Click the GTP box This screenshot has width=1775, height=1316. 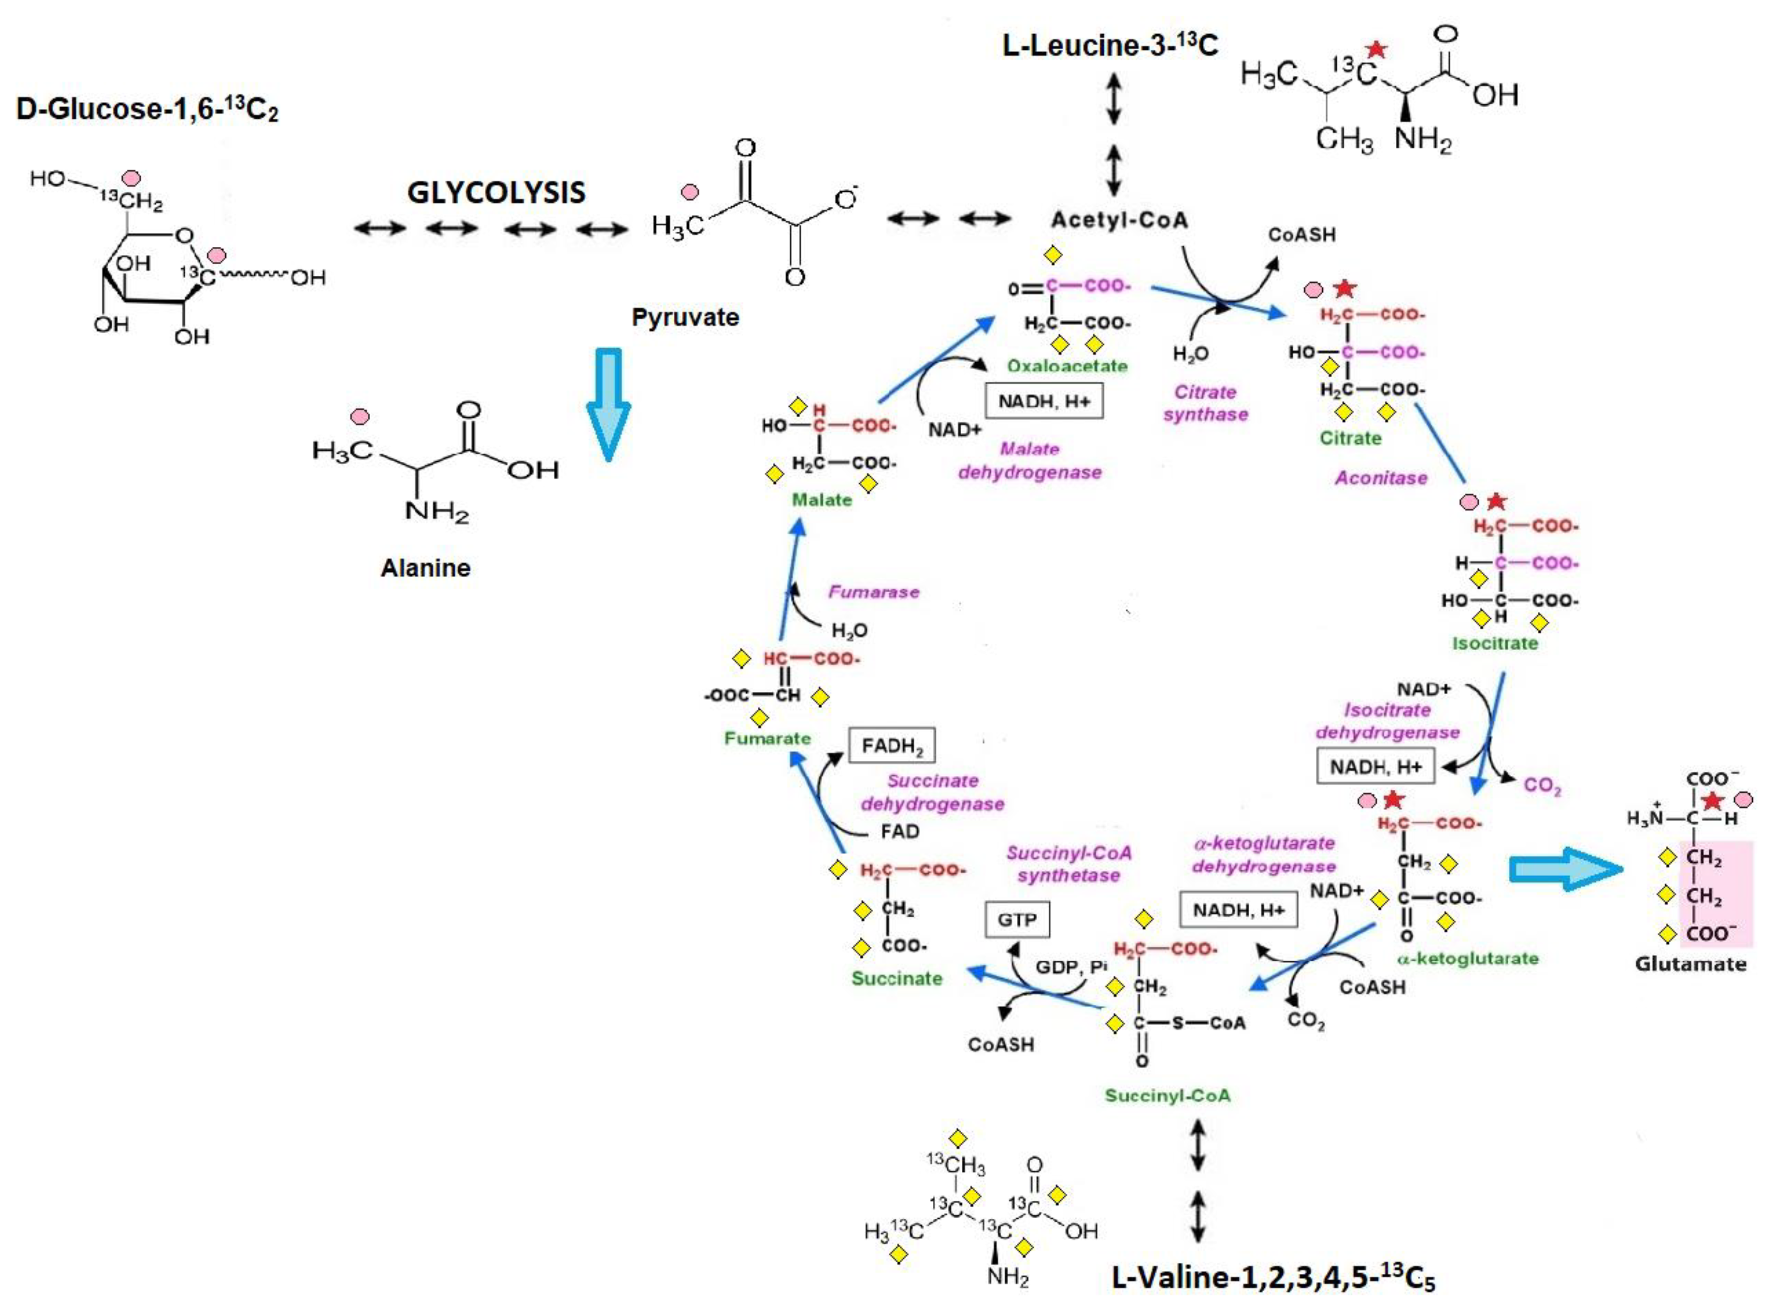coord(1017,920)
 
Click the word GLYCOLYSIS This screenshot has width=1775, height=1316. coord(496,192)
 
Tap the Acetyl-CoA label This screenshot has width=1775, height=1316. coord(1119,220)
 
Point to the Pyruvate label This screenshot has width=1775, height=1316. coord(685,317)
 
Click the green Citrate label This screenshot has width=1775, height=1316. coord(1350,438)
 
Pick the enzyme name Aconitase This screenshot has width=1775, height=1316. coord(1381,478)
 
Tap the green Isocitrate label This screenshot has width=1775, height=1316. coord(1495,643)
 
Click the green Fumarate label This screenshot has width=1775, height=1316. coord(767,738)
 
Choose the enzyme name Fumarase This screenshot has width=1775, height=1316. coord(874,592)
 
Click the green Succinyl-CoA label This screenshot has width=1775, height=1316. coord(1167,1095)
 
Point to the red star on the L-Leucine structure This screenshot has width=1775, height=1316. coord(1376,50)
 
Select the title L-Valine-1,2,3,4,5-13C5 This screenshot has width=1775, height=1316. coord(1273,1278)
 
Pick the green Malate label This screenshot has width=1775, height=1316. coord(822,499)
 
